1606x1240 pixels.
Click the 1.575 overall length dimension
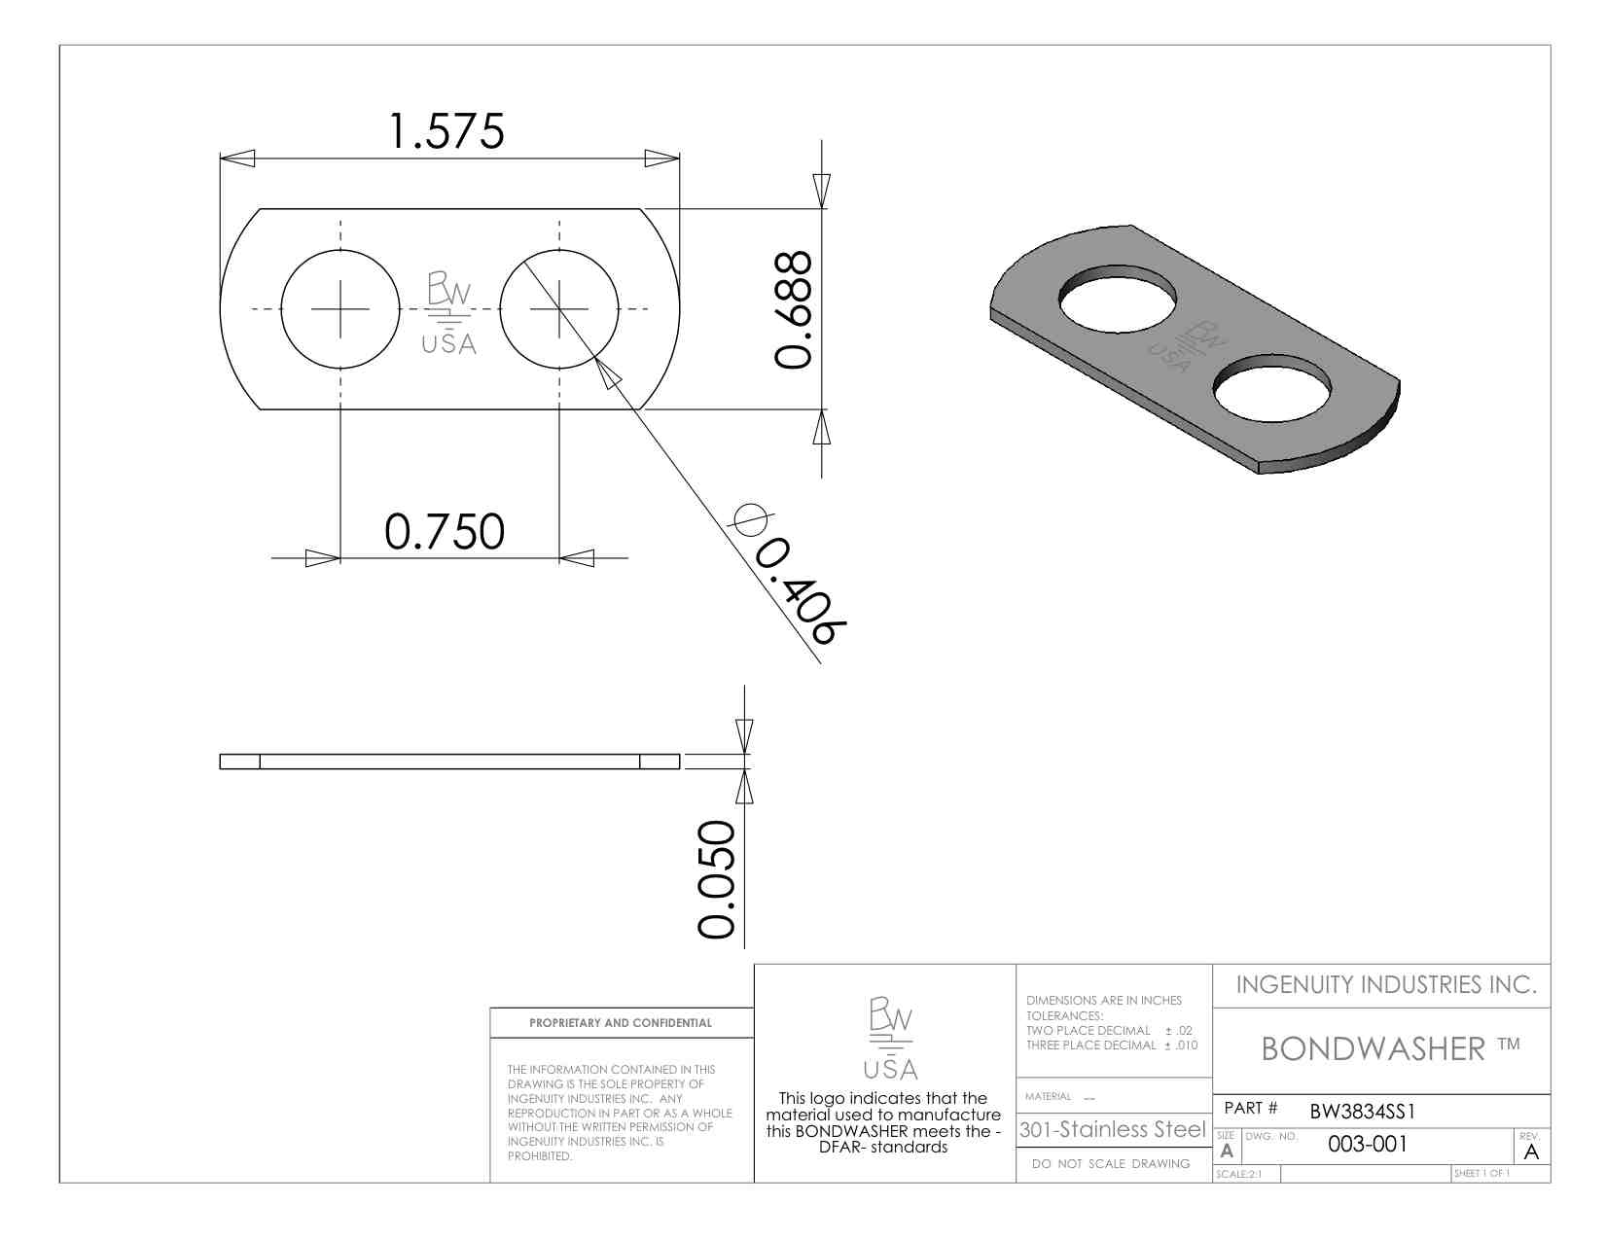(x=446, y=132)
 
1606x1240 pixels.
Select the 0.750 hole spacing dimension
(x=445, y=532)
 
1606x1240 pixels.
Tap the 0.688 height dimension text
(x=793, y=309)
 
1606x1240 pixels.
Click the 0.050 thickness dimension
(x=717, y=879)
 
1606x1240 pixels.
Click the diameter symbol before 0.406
(x=750, y=519)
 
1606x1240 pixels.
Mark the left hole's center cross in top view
(x=340, y=309)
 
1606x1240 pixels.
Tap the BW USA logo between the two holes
(x=448, y=313)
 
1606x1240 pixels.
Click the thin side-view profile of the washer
(x=449, y=762)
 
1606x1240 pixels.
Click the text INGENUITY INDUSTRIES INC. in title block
(x=1385, y=985)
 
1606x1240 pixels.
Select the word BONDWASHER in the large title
(x=1373, y=1049)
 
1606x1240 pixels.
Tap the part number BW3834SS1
(x=1362, y=1112)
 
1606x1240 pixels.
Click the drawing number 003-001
(x=1367, y=1145)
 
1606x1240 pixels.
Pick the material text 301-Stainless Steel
(x=1112, y=1130)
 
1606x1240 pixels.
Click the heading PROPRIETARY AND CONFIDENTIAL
(x=621, y=1023)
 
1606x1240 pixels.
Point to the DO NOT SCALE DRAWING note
(x=1111, y=1164)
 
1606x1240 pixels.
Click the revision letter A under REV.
(x=1531, y=1152)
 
